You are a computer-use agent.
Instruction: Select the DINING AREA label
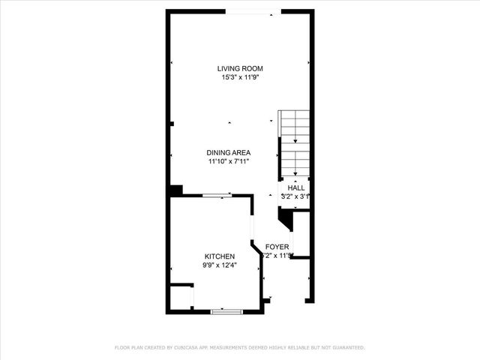(229, 152)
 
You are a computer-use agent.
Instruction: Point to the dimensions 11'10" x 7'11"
(229, 161)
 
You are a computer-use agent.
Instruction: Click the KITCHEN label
(219, 256)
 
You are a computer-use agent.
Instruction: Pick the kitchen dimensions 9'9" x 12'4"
(219, 265)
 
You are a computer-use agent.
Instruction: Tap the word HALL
(296, 187)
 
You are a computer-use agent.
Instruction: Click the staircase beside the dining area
(295, 142)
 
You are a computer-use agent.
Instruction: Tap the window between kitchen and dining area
(216, 196)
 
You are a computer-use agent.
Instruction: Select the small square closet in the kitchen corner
(181, 296)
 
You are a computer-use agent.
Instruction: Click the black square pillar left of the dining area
(175, 190)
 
